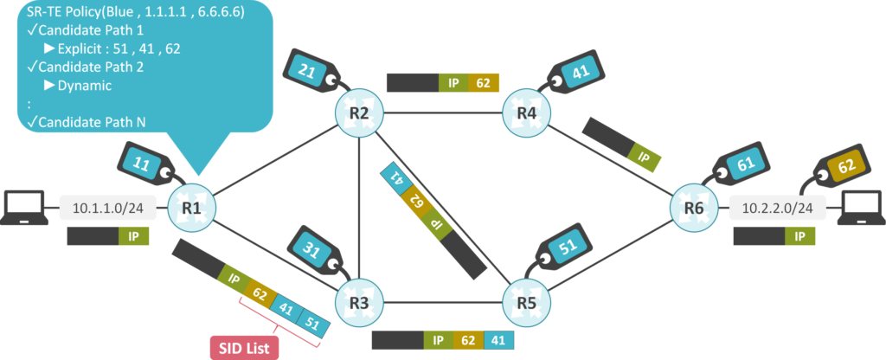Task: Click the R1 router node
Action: (192, 209)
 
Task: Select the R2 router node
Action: (359, 112)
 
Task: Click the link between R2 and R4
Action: (443, 112)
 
